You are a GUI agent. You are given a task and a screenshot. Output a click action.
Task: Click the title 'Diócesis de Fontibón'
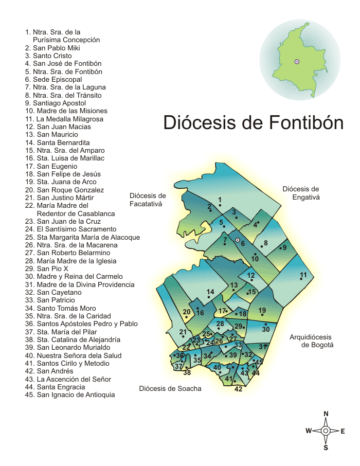tap(253, 123)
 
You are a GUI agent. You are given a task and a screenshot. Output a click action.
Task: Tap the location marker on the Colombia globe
tap(297, 62)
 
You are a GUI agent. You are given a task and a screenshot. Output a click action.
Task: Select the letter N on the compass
tap(326, 414)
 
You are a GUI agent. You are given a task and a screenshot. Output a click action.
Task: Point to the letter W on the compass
tap(309, 431)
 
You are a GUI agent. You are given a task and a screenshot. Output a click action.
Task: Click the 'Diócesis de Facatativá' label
tap(148, 200)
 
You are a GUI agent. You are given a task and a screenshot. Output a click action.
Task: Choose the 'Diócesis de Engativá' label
tap(301, 193)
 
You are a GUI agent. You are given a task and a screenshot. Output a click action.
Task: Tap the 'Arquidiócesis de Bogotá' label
tap(312, 341)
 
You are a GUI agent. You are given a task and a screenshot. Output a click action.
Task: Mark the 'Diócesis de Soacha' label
tap(170, 388)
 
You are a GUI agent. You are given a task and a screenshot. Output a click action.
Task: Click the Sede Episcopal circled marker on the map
tap(237, 240)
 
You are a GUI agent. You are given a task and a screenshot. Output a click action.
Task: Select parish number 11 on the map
tap(303, 275)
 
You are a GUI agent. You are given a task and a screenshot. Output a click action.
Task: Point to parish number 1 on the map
tap(220, 200)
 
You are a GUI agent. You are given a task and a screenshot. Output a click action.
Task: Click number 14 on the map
tap(210, 292)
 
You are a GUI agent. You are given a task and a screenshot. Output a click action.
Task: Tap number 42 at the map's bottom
tap(238, 389)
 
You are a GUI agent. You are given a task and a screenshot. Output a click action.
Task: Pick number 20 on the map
tap(187, 312)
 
